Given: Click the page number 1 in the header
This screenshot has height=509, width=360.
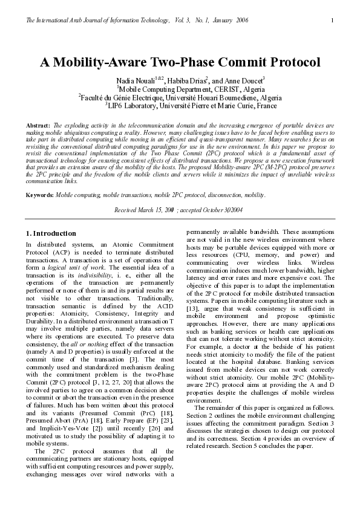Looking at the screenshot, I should [x=332, y=21].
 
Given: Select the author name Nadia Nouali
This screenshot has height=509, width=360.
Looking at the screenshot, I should [x=135, y=80].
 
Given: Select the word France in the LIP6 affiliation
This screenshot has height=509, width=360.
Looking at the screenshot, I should [x=266, y=105].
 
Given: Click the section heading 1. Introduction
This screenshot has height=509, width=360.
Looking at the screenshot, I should [x=51, y=233].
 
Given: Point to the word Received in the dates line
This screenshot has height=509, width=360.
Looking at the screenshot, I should [x=126, y=209].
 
